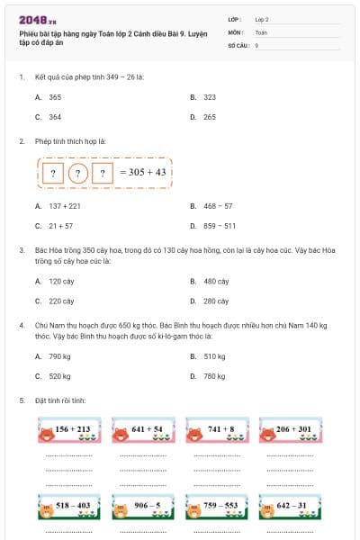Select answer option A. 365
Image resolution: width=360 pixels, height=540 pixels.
tap(49, 96)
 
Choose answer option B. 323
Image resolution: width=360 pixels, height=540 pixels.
tap(203, 96)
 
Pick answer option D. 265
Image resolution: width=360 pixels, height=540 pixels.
tap(203, 117)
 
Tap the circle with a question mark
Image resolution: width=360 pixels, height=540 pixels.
tap(77, 173)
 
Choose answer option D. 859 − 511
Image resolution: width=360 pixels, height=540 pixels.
tap(212, 226)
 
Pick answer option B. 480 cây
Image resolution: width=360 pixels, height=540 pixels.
tap(210, 281)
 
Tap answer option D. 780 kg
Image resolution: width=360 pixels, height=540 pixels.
tap(209, 376)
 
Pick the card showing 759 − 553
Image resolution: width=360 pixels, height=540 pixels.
tap(220, 509)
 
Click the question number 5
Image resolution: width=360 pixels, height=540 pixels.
tap(22, 400)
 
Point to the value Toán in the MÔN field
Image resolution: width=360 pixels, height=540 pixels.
tap(262, 31)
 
